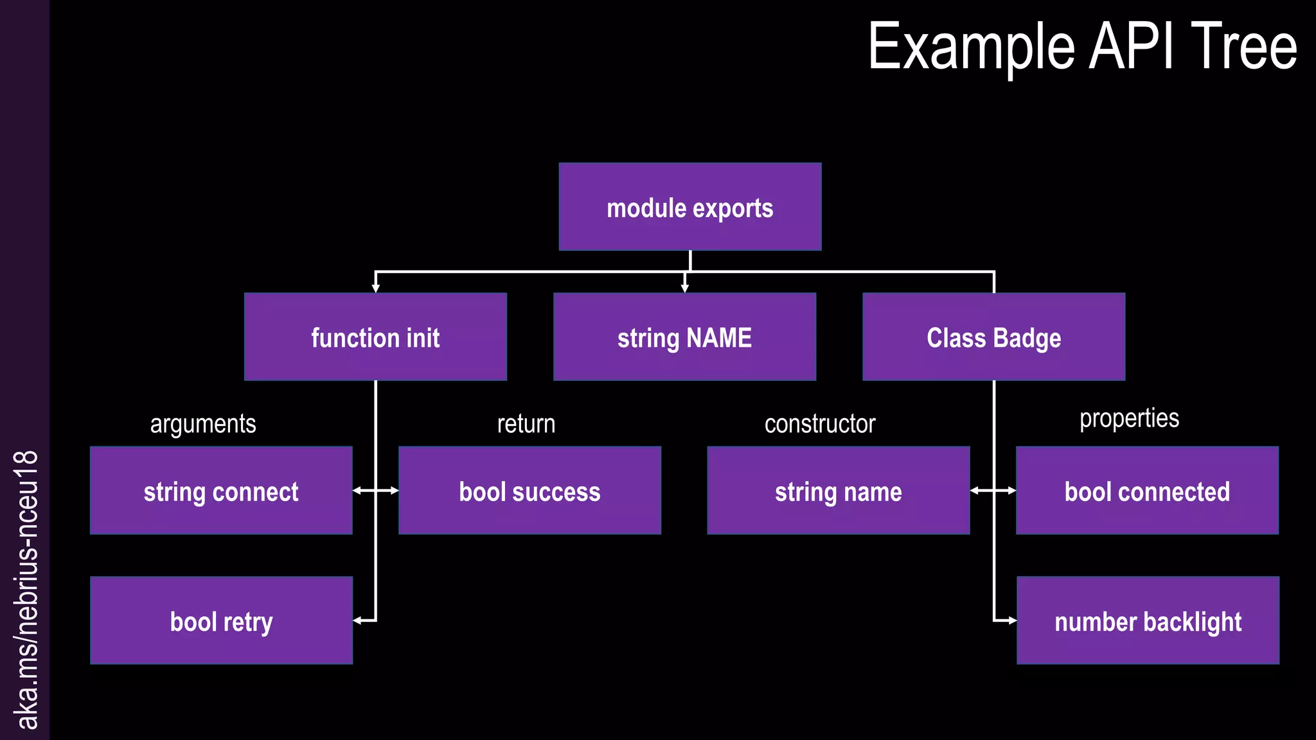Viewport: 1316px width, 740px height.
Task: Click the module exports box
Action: [689, 207]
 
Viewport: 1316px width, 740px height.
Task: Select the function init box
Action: [375, 337]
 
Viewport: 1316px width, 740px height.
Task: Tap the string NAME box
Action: [684, 337]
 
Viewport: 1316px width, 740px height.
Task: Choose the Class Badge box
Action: [993, 337]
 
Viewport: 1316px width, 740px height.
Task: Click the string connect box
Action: [221, 491]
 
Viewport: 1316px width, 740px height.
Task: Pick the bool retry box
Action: [221, 621]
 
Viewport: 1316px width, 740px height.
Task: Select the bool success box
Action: [529, 491]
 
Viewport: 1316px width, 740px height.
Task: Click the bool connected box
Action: [1147, 491]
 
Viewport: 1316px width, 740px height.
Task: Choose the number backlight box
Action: [1148, 621]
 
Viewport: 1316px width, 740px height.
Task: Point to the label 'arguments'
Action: [203, 424]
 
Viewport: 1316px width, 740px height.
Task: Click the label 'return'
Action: [526, 424]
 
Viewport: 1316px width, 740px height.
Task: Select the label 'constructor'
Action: [820, 424]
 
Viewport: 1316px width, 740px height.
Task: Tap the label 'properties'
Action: [1129, 419]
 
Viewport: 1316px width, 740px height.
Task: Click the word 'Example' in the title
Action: [971, 48]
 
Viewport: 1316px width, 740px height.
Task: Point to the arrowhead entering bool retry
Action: [357, 621]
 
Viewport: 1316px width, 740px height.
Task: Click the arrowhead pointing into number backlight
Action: [1012, 621]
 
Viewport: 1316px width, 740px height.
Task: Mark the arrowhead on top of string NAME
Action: [684, 288]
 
